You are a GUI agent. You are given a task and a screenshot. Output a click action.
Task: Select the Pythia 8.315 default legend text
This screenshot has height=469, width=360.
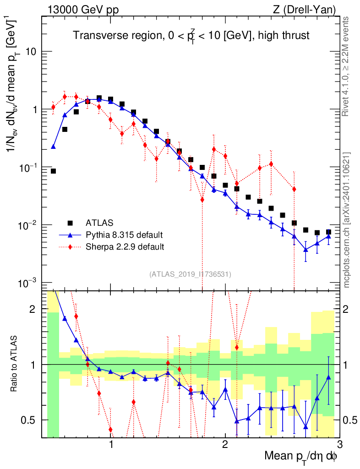(x=124, y=235)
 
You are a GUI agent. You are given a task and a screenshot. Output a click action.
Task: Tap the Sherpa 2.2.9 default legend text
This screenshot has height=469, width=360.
(x=125, y=247)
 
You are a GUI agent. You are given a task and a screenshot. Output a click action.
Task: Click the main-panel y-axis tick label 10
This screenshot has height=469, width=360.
(x=31, y=52)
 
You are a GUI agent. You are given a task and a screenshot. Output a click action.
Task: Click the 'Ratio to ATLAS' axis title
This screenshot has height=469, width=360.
(x=15, y=364)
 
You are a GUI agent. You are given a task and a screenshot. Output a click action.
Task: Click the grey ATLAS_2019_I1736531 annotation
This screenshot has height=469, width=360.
(x=190, y=274)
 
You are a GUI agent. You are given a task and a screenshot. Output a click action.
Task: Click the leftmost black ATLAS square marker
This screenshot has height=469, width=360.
(x=53, y=171)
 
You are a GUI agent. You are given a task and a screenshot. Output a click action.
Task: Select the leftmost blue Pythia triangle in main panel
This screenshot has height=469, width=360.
(x=53, y=147)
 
